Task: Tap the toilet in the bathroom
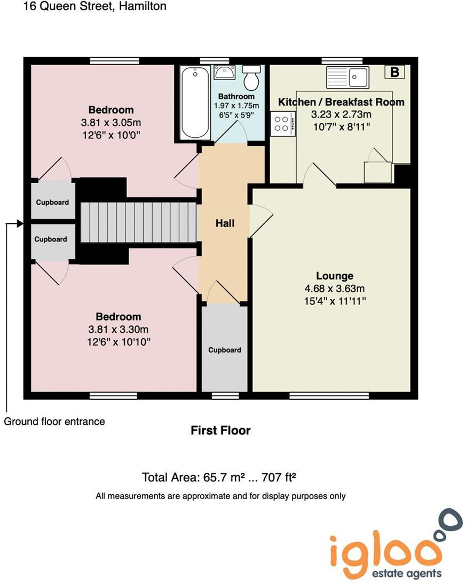tap(251, 78)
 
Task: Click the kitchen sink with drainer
tap(347, 77)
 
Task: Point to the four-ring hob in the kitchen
tap(281, 123)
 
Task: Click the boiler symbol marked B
tap(395, 72)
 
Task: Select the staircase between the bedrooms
tap(139, 221)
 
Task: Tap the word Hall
tap(225, 223)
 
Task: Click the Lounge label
tap(335, 276)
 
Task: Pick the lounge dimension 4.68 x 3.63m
tap(335, 289)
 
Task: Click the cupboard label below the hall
tap(224, 350)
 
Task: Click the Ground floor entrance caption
tap(54, 422)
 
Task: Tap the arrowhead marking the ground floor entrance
tap(21, 223)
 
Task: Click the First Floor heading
tap(220, 430)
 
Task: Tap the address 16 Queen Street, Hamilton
tap(95, 6)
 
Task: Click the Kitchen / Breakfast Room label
tap(341, 102)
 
